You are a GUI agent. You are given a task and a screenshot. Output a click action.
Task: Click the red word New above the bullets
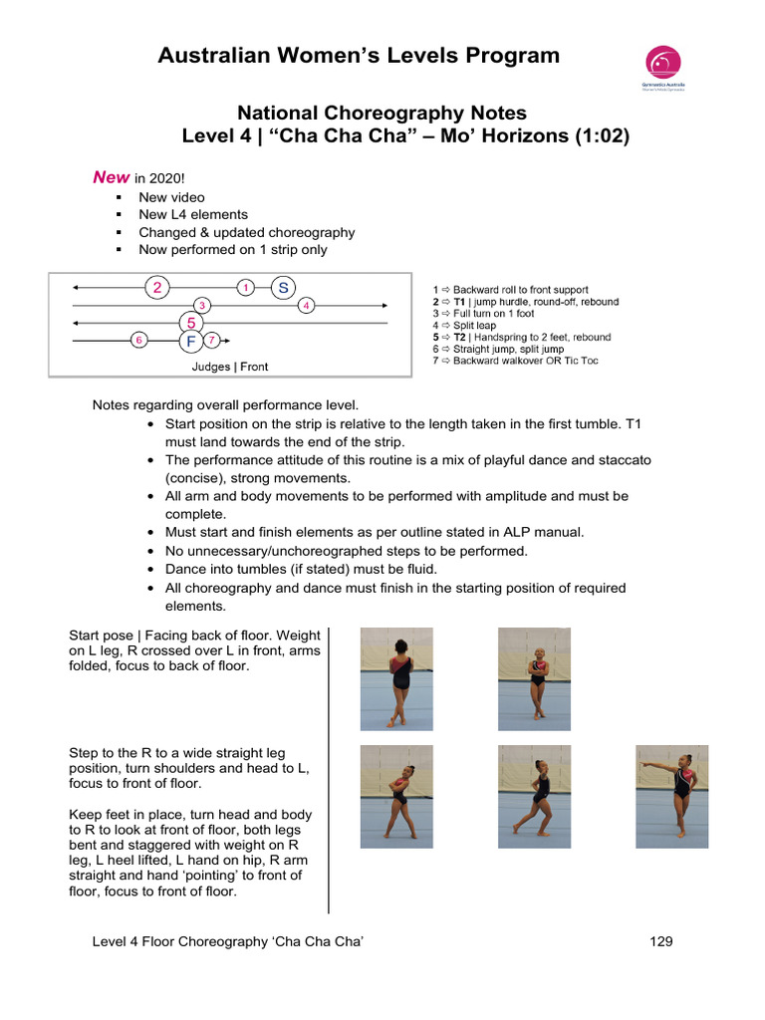(x=111, y=177)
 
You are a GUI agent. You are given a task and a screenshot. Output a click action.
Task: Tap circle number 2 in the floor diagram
(x=156, y=288)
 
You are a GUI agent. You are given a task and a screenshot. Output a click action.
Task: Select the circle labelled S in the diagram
(x=283, y=288)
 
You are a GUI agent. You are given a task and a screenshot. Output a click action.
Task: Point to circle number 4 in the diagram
(x=307, y=305)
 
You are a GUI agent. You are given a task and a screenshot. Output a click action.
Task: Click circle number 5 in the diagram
(x=190, y=323)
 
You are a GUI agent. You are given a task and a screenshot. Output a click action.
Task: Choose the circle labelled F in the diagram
(x=189, y=342)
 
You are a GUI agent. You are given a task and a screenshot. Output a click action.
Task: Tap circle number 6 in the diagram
(x=139, y=341)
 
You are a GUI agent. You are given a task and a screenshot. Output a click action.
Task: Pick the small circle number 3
(x=202, y=305)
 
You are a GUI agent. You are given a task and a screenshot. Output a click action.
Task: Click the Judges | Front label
(x=229, y=367)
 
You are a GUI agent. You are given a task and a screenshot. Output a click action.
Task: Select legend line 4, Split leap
(x=472, y=326)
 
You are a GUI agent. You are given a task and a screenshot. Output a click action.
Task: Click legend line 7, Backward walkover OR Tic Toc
(x=515, y=361)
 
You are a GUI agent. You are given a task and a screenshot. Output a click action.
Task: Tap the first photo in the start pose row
(x=396, y=677)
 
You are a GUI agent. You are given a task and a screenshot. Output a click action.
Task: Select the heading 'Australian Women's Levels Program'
(x=359, y=56)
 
